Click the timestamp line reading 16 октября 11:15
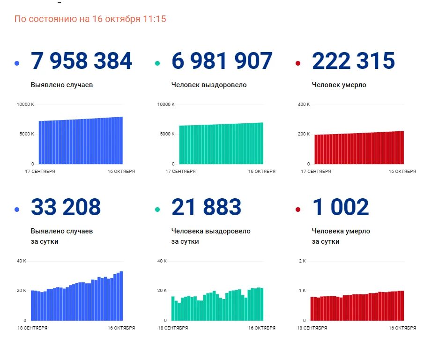(90, 19)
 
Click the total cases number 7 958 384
(82, 61)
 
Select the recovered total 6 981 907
(222, 61)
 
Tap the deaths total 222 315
(353, 61)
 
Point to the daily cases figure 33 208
(66, 207)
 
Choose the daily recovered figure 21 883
(206, 207)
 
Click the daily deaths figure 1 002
(340, 207)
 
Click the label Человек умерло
(339, 85)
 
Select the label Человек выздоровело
(208, 85)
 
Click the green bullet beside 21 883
(157, 209)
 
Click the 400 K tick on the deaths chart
(304, 104)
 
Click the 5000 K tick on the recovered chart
(167, 134)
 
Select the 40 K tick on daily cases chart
(22, 261)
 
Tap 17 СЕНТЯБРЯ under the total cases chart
(40, 172)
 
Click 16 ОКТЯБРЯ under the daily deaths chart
(402, 328)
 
